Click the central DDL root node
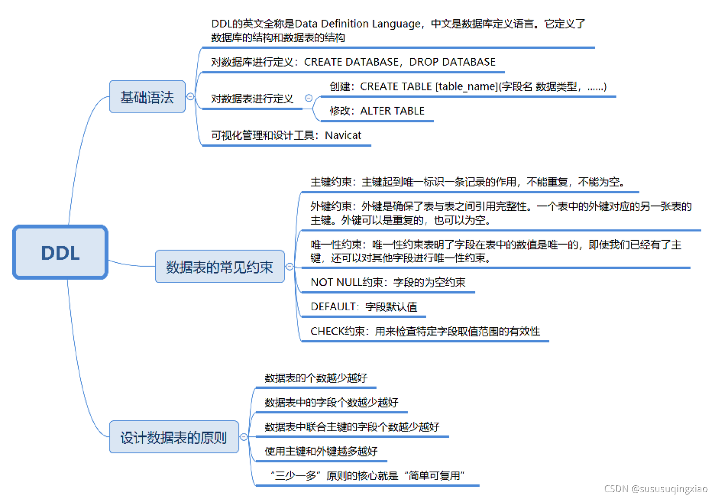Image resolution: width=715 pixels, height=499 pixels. (60, 252)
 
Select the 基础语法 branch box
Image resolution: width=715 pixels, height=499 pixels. (147, 97)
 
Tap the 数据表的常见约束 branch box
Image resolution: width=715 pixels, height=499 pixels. (219, 267)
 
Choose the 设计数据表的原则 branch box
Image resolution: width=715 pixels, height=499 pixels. (173, 437)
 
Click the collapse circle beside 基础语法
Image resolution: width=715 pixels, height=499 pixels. (191, 97)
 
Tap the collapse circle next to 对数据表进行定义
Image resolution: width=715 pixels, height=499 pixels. (308, 98)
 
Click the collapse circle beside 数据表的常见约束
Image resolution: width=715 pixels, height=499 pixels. (290, 267)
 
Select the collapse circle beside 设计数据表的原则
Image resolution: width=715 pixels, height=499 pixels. (244, 437)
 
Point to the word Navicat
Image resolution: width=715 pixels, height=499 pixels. (343, 136)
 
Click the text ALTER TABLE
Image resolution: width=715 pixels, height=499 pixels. (392, 111)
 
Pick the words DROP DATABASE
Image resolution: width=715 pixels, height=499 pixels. (452, 62)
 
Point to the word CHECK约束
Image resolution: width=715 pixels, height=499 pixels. (337, 331)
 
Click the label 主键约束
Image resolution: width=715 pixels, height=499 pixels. (330, 182)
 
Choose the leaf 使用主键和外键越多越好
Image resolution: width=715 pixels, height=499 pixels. (321, 451)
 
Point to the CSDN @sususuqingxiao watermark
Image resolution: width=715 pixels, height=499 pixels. (655, 489)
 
